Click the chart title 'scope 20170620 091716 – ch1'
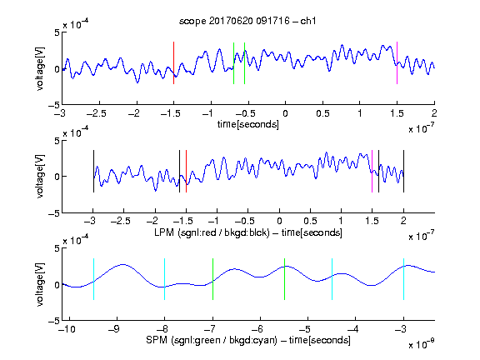247,21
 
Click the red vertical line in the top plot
173,62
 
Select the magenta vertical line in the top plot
397,62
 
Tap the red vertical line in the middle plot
186,172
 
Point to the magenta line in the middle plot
372,172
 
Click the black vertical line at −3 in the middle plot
93,172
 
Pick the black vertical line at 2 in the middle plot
403,172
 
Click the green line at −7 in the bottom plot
212,279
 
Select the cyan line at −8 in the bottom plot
165,279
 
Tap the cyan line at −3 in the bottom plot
403,279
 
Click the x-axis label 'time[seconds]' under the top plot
248,125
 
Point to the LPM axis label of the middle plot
248,232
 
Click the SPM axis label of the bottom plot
248,340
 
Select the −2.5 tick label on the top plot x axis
97,114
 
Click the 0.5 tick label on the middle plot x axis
310,222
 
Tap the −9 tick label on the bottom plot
114,329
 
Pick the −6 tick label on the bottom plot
257,329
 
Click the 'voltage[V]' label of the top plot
40,69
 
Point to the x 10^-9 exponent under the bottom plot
422,344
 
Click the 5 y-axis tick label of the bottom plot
57,248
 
